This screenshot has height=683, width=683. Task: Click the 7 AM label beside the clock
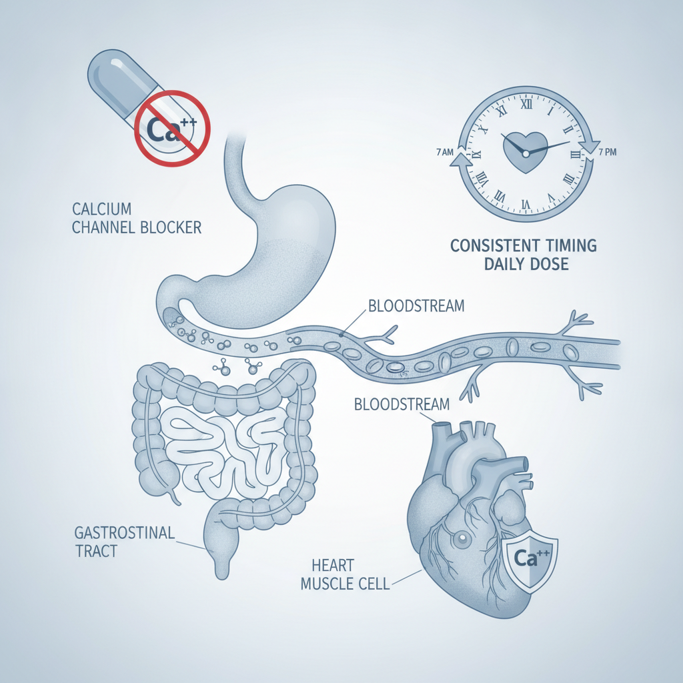444,152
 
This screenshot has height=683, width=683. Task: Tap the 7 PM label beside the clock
608,152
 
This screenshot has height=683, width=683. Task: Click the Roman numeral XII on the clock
526,104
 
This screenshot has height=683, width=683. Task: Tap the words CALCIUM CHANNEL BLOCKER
136,218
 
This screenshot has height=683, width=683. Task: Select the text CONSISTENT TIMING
523,245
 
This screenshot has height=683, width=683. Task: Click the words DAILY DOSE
526,264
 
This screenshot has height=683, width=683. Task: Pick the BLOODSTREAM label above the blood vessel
416,305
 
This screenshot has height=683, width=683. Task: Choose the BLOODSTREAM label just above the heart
402,404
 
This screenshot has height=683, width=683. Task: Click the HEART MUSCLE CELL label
345,574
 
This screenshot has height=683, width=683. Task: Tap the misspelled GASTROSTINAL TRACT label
125,542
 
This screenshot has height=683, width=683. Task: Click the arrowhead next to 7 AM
461,160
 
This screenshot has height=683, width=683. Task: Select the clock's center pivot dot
526,154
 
